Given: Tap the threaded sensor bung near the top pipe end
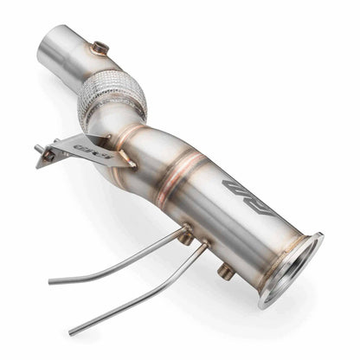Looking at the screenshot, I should [x=100, y=48].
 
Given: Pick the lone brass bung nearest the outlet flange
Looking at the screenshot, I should [x=226, y=271].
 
